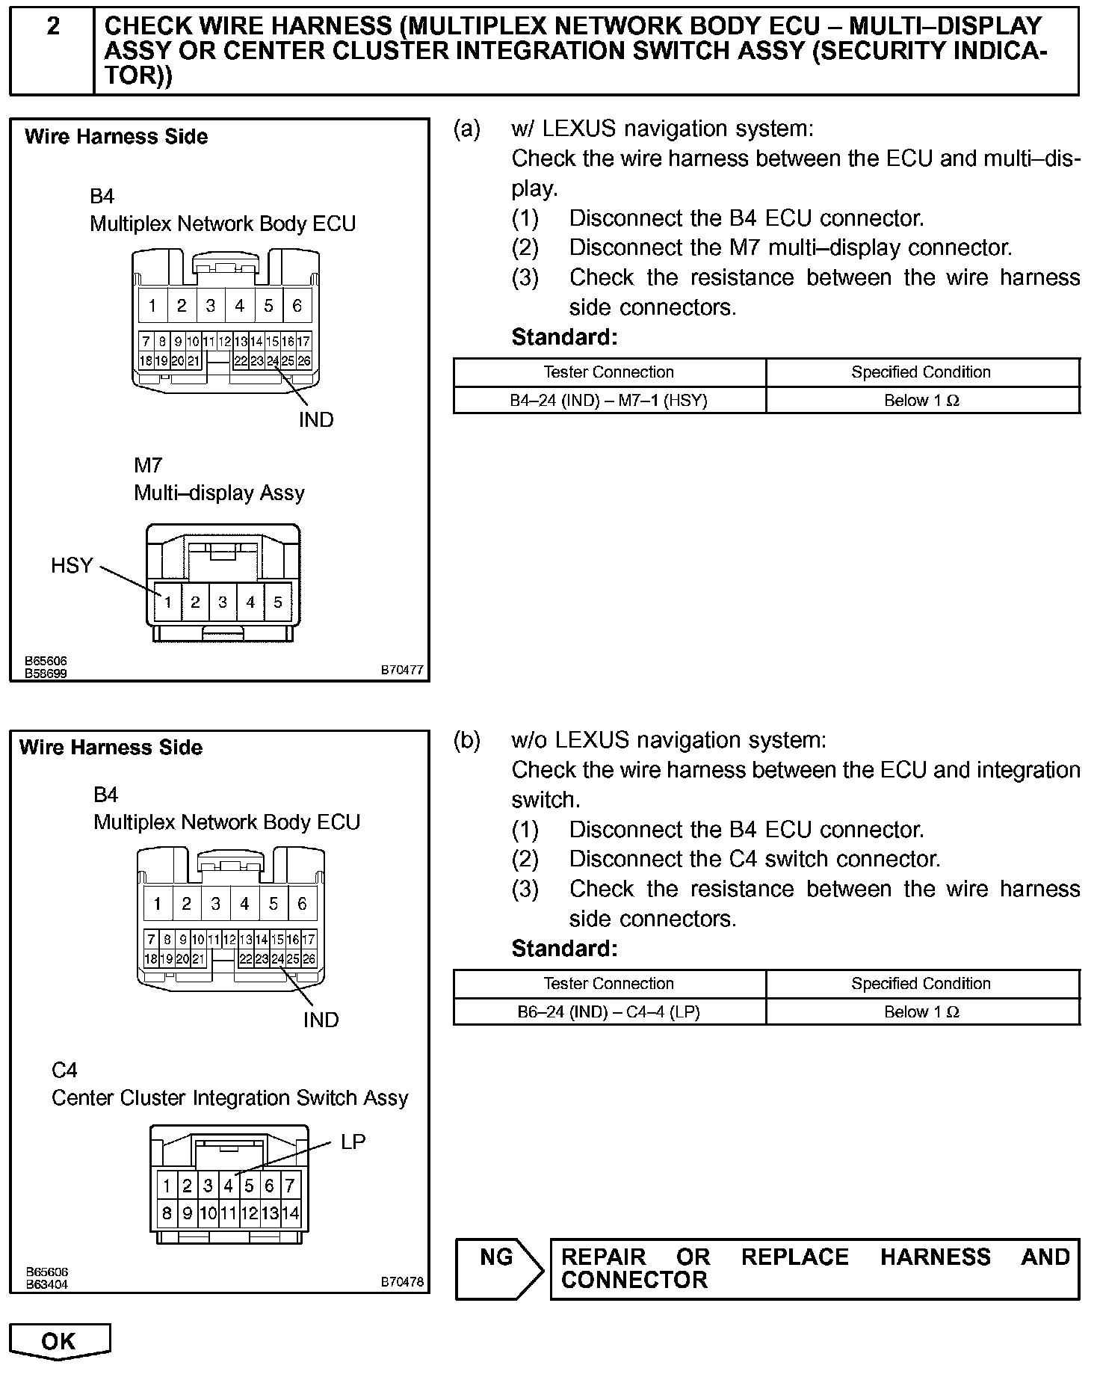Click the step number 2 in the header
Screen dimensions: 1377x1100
click(x=53, y=27)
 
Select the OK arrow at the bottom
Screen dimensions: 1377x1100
click(x=59, y=1341)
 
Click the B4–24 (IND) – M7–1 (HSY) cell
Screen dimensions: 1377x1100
click(x=609, y=400)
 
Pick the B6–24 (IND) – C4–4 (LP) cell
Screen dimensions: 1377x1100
click(x=609, y=1011)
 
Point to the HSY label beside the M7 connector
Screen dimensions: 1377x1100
click(x=72, y=565)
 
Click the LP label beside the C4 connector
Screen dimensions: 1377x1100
click(x=353, y=1142)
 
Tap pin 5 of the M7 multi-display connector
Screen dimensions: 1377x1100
click(x=277, y=602)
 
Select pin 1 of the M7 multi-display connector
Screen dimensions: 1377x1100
click(x=169, y=602)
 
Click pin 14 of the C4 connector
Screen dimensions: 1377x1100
click(x=290, y=1213)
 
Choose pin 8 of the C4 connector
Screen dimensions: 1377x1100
click(x=167, y=1213)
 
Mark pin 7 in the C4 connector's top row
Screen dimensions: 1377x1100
click(x=290, y=1185)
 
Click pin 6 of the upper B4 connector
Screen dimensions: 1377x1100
click(x=297, y=305)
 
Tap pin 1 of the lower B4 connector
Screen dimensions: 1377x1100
click(x=158, y=904)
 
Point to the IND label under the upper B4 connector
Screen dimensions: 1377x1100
click(x=316, y=420)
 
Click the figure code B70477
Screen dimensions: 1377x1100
click(x=402, y=670)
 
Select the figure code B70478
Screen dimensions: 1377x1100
click(x=402, y=1281)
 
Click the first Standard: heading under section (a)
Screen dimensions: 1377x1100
click(x=565, y=337)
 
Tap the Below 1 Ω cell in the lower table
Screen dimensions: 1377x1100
click(x=921, y=1011)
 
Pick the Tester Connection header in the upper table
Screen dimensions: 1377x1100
click(x=609, y=372)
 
